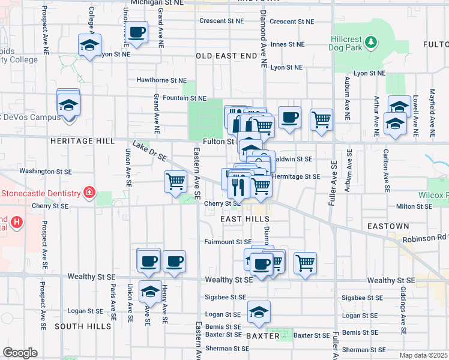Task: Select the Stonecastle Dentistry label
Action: [x=40, y=193]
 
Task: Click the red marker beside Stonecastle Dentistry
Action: [x=89, y=193]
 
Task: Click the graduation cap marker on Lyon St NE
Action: [x=90, y=45]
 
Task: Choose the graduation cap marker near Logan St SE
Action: [x=259, y=311]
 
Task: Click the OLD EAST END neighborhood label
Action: [x=225, y=56]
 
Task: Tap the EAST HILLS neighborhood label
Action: [x=244, y=220]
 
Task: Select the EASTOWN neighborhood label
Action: [x=389, y=226]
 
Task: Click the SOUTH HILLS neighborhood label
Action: [x=83, y=326]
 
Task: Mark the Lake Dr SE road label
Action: [x=149, y=152]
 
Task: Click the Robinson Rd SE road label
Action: [x=425, y=238]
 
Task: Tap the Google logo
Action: [x=20, y=353]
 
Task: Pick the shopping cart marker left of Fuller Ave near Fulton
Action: [x=322, y=119]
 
